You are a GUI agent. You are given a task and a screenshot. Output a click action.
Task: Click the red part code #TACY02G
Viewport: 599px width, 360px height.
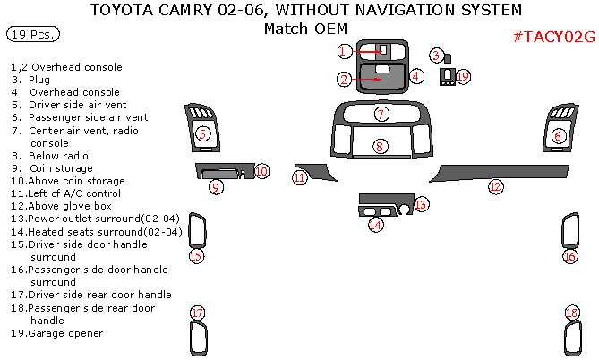[553, 37]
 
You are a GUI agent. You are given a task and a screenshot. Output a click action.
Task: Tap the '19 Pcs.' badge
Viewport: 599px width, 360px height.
[33, 35]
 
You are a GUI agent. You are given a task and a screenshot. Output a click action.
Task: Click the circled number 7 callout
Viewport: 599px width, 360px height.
[381, 115]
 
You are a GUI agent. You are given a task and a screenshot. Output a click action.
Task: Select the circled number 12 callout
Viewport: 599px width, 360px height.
[494, 186]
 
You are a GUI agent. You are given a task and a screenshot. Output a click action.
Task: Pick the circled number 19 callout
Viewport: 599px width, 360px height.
[462, 77]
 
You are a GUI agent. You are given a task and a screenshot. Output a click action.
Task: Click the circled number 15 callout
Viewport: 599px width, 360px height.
[196, 256]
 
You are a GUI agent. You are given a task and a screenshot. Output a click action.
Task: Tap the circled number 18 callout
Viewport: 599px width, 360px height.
[572, 313]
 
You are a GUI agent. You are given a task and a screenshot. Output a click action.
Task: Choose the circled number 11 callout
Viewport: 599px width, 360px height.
[299, 178]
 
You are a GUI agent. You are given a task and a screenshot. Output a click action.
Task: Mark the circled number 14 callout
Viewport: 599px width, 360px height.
[375, 225]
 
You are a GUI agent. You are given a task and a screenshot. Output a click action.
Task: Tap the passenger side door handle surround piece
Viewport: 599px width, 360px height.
[569, 231]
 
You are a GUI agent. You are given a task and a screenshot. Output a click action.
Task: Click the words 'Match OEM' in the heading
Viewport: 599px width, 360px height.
[298, 29]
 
